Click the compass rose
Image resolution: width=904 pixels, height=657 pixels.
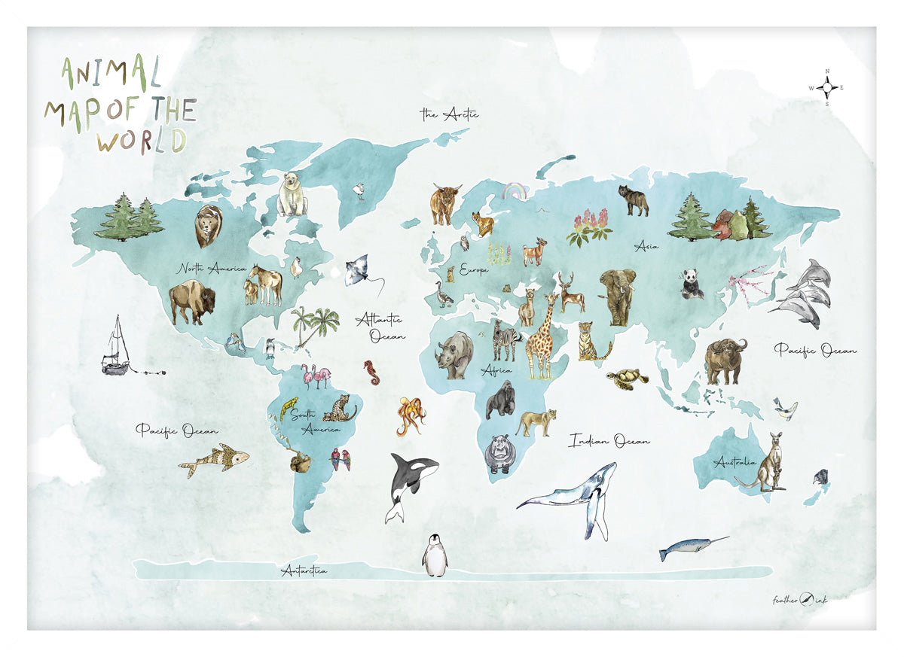(827, 87)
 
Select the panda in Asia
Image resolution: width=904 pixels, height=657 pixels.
(692, 284)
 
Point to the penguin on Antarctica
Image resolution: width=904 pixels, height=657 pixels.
(434, 556)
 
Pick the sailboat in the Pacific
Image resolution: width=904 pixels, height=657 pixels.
(118, 347)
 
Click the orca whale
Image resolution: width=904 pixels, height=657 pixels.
(409, 485)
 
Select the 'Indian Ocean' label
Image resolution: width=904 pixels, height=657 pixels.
(609, 440)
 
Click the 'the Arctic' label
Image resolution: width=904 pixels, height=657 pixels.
(449, 114)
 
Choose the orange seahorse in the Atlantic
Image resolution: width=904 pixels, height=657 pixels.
(371, 372)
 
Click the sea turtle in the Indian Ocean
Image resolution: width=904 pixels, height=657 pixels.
(628, 378)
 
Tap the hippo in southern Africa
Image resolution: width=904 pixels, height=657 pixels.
(498, 452)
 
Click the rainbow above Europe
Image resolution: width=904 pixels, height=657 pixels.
(515, 192)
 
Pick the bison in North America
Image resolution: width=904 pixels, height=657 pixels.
(191, 301)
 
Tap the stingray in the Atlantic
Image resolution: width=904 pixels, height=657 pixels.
(362, 271)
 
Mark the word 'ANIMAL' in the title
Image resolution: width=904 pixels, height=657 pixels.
(111, 74)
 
